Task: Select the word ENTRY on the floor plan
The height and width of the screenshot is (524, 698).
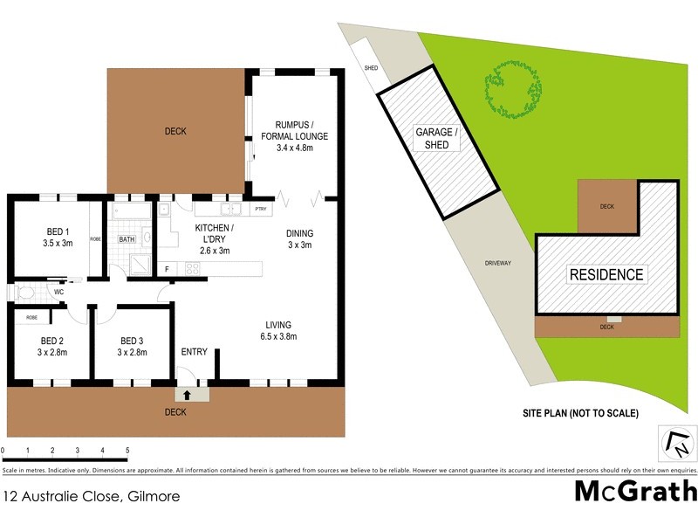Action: coord(194,352)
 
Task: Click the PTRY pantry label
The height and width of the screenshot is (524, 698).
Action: coord(260,210)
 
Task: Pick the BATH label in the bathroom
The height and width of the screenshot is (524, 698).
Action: coord(127,238)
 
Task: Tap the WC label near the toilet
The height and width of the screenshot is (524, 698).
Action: coord(58,293)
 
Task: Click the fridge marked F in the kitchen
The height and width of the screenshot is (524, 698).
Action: coord(168,269)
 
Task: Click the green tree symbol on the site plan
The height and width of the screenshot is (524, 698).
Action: coord(512,90)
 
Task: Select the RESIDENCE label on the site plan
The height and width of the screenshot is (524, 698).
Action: coord(606,274)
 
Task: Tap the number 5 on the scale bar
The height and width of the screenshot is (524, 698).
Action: coord(127,451)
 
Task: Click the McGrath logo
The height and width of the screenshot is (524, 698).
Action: coord(636,491)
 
